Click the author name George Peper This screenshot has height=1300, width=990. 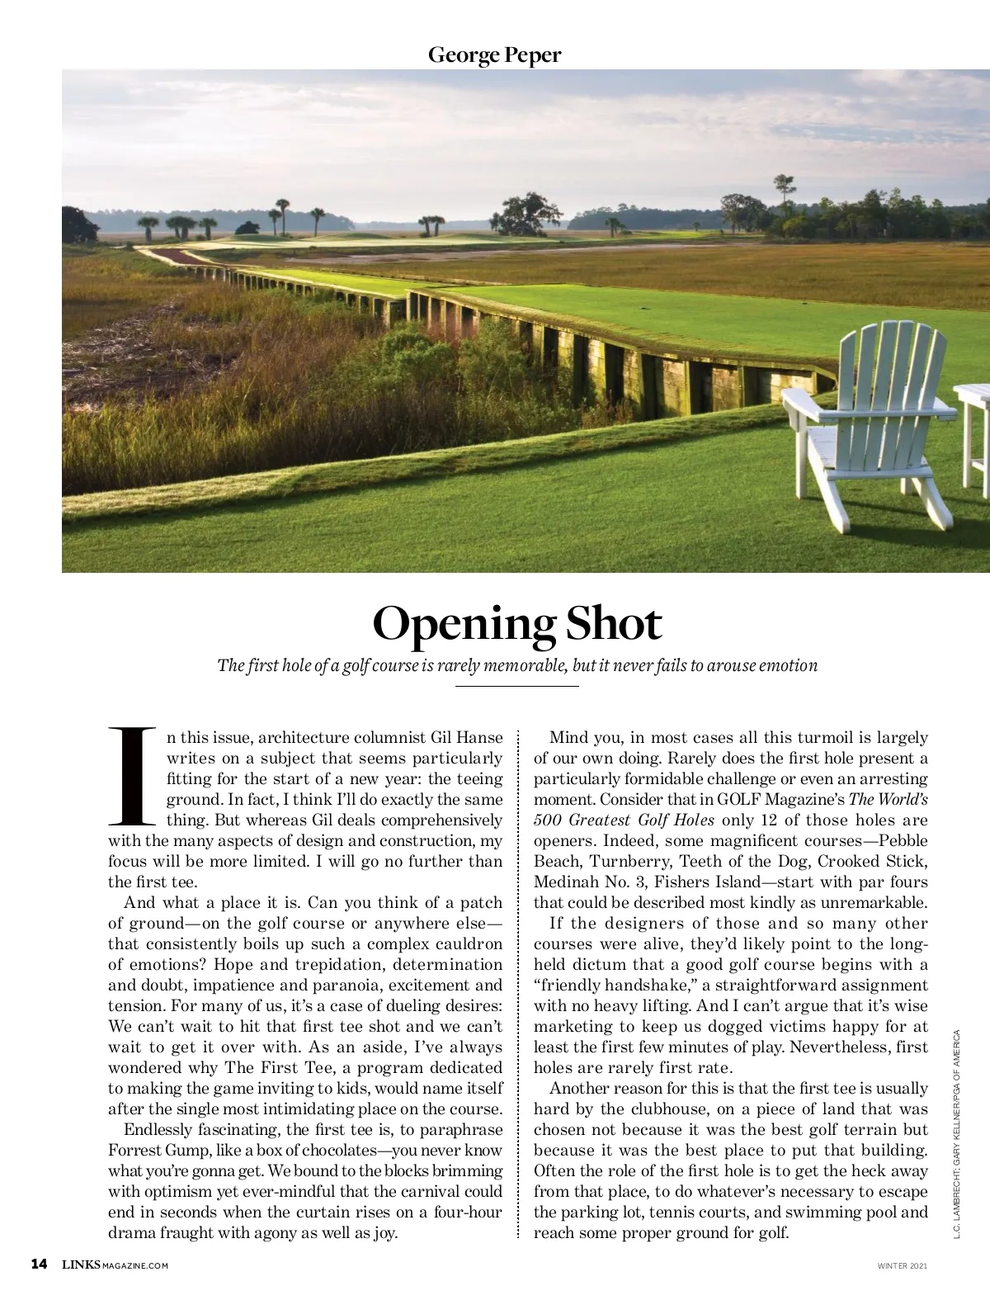click(494, 55)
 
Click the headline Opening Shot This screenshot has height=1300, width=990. click(517, 624)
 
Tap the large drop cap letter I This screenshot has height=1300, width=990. click(132, 776)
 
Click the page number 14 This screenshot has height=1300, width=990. click(39, 1265)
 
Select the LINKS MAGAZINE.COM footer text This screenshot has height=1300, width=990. click(115, 1265)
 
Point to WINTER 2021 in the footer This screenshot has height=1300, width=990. click(902, 1265)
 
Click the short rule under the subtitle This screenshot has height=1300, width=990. click(517, 685)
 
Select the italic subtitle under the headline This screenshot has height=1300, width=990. click(517, 665)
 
